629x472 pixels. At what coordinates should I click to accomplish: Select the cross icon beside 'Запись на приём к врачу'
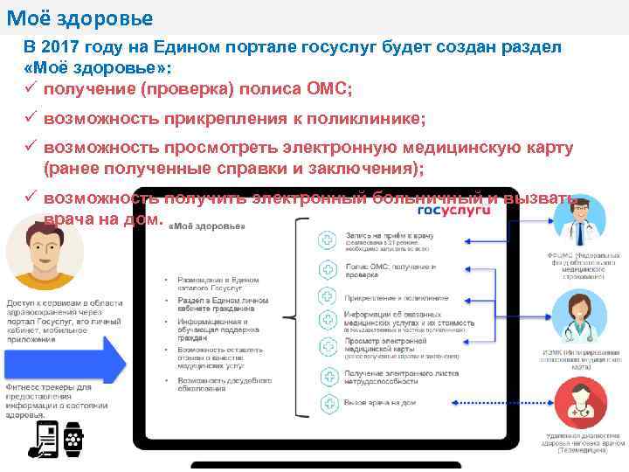[x=327, y=239]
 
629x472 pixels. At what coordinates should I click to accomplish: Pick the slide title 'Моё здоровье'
[x=79, y=17]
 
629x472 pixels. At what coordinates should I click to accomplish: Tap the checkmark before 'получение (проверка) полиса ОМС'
[x=31, y=89]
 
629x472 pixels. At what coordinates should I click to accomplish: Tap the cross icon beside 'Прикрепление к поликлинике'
[x=327, y=295]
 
